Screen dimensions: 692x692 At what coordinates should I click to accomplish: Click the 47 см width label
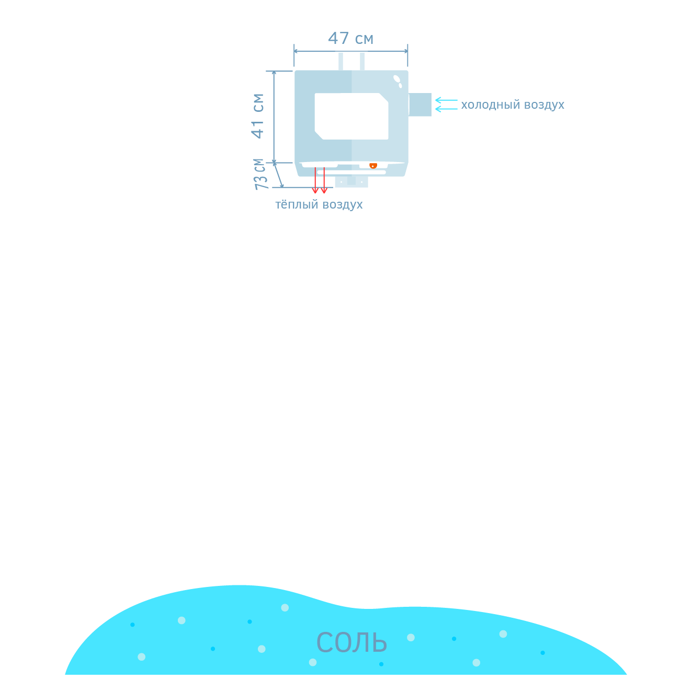(350, 39)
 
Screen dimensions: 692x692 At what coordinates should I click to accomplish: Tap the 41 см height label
(258, 116)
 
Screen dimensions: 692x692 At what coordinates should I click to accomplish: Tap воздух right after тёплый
(342, 205)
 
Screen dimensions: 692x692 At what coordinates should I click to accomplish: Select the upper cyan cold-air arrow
(446, 100)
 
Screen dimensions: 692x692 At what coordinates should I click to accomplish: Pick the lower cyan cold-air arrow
(446, 109)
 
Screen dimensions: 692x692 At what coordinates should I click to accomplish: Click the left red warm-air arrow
(315, 181)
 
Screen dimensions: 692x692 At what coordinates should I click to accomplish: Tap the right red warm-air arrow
(324, 181)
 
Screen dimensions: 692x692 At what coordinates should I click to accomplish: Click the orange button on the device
(373, 166)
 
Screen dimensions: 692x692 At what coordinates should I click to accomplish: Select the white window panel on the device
(351, 116)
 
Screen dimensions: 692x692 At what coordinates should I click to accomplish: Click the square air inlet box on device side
(420, 105)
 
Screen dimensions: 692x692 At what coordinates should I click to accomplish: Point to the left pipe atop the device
(341, 61)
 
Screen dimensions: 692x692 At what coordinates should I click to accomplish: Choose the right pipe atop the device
(362, 61)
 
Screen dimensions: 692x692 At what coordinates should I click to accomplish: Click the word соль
(351, 642)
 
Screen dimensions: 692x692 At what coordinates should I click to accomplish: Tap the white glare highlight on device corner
(398, 80)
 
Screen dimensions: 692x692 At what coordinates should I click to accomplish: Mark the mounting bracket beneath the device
(351, 181)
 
